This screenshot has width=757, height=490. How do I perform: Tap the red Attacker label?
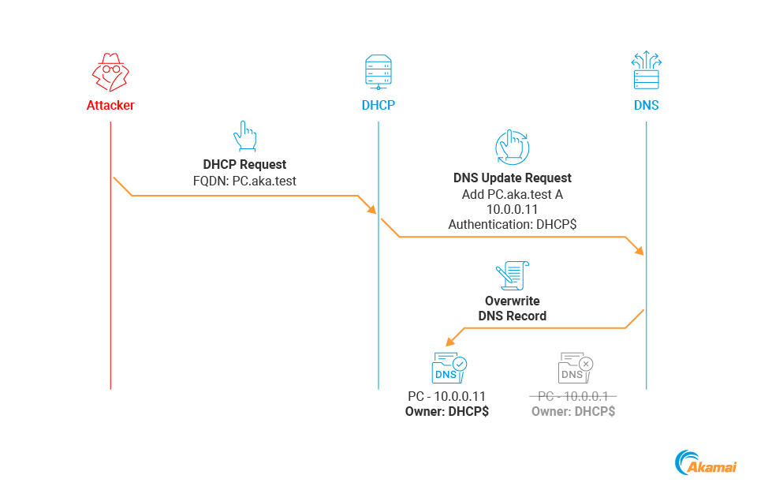point(110,105)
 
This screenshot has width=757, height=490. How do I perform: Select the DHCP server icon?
point(378,72)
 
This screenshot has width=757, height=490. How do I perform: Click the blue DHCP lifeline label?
point(378,105)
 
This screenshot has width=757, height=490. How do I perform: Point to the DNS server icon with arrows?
point(646,70)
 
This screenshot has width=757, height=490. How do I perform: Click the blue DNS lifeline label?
point(646,105)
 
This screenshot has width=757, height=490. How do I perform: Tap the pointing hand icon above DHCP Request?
point(244,136)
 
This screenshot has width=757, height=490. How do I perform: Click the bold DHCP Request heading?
point(244,165)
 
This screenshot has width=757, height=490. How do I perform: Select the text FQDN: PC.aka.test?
point(244,181)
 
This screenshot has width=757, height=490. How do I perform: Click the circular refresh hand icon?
point(512,146)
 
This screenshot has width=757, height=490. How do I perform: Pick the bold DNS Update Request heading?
point(513,178)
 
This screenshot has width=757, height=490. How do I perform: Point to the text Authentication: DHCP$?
point(513,225)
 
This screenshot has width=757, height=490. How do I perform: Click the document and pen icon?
point(512,275)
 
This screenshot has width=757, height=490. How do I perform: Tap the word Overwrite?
point(513,301)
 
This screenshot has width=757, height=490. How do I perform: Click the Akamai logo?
point(706,463)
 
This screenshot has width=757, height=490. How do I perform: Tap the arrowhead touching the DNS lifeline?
point(640,251)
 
